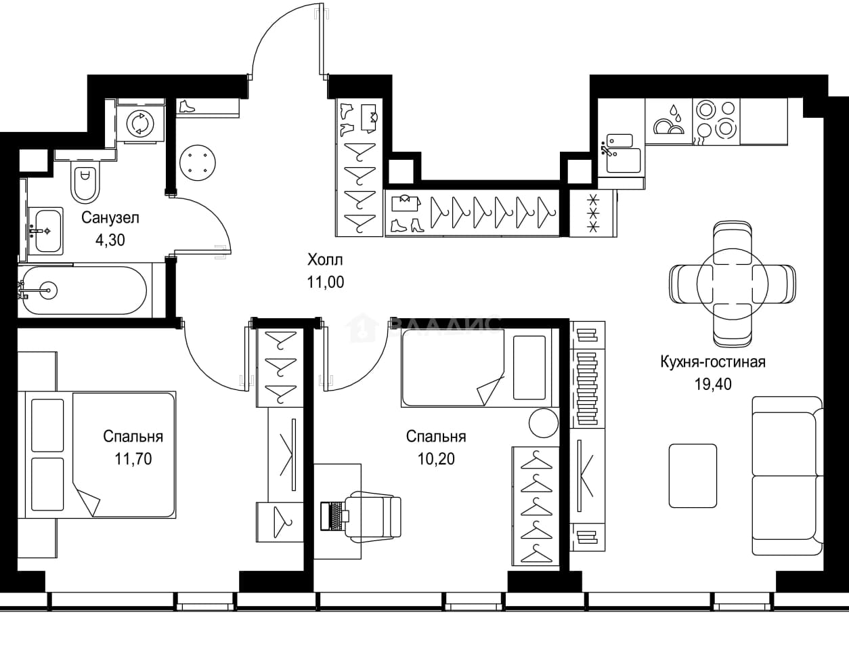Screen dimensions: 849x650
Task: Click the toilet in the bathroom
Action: pos(83,181)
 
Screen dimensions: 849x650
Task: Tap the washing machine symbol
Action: pos(140,124)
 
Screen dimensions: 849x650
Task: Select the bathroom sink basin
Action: pos(46,232)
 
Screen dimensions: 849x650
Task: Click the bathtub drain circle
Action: pos(49,290)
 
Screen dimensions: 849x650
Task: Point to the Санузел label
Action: pos(110,218)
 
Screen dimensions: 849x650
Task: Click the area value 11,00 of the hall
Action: pos(326,282)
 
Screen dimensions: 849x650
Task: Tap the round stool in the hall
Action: pos(197,162)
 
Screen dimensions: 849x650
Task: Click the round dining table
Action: pos(732,284)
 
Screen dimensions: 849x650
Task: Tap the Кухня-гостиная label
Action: pos(713,362)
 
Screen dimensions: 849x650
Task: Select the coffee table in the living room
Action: pos(693,476)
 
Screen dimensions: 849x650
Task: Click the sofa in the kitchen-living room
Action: pos(788,476)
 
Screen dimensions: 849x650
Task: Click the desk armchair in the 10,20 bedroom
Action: pos(374,517)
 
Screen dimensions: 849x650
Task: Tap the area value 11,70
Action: pos(133,459)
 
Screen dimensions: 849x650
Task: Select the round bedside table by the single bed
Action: pos(544,423)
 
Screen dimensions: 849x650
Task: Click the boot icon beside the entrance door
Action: pos(188,107)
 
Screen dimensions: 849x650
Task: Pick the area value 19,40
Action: pos(713,385)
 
